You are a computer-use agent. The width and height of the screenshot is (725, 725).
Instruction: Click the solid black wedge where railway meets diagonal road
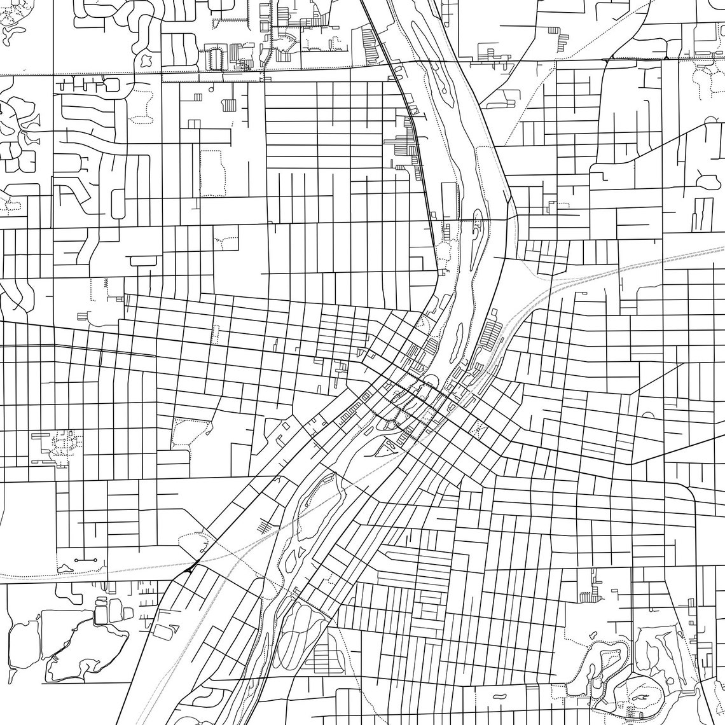[x=190, y=568]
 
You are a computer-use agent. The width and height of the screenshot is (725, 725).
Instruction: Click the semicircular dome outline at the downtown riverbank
[x=431, y=380]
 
